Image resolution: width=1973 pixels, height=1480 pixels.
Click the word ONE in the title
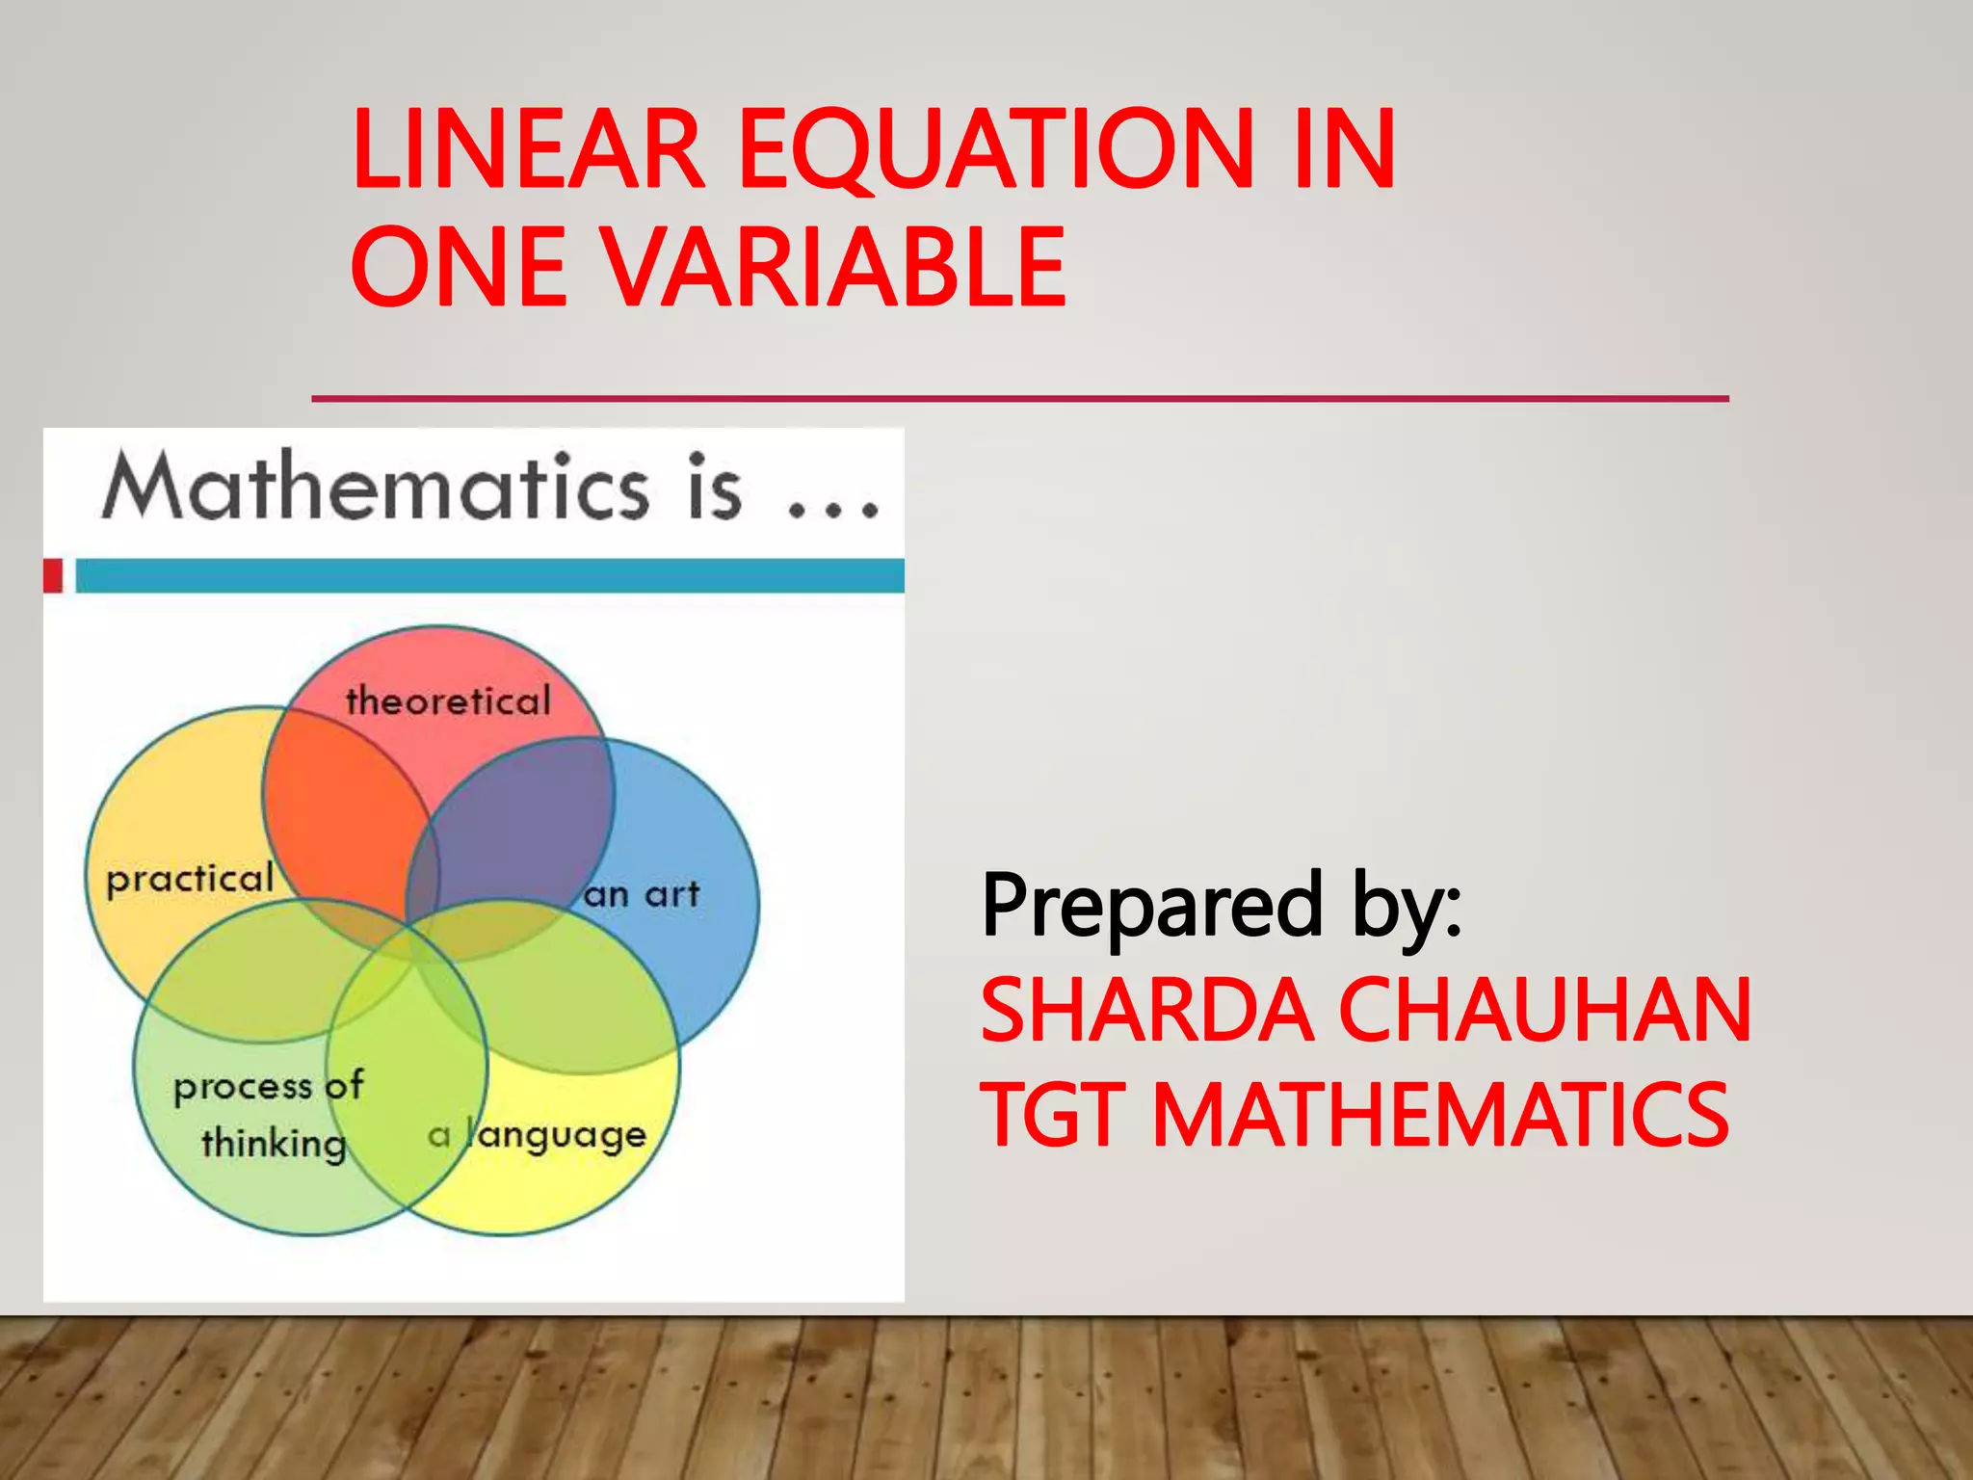click(460, 267)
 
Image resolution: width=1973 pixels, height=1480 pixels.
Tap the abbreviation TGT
click(1053, 1115)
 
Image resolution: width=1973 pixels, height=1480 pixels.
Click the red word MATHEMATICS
click(1440, 1115)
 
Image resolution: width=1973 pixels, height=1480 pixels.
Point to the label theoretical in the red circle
click(448, 700)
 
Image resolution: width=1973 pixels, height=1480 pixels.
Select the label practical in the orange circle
click(190, 879)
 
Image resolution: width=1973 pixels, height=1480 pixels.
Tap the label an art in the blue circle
click(642, 894)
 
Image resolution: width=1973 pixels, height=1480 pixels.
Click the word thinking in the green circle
click(274, 1144)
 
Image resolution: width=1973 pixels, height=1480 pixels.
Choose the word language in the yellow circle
click(556, 1136)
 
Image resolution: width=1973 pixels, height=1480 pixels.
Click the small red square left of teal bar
click(53, 575)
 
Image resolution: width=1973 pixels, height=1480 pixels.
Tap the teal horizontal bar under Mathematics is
click(489, 575)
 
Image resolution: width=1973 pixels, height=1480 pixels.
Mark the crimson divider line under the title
click(1019, 398)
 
